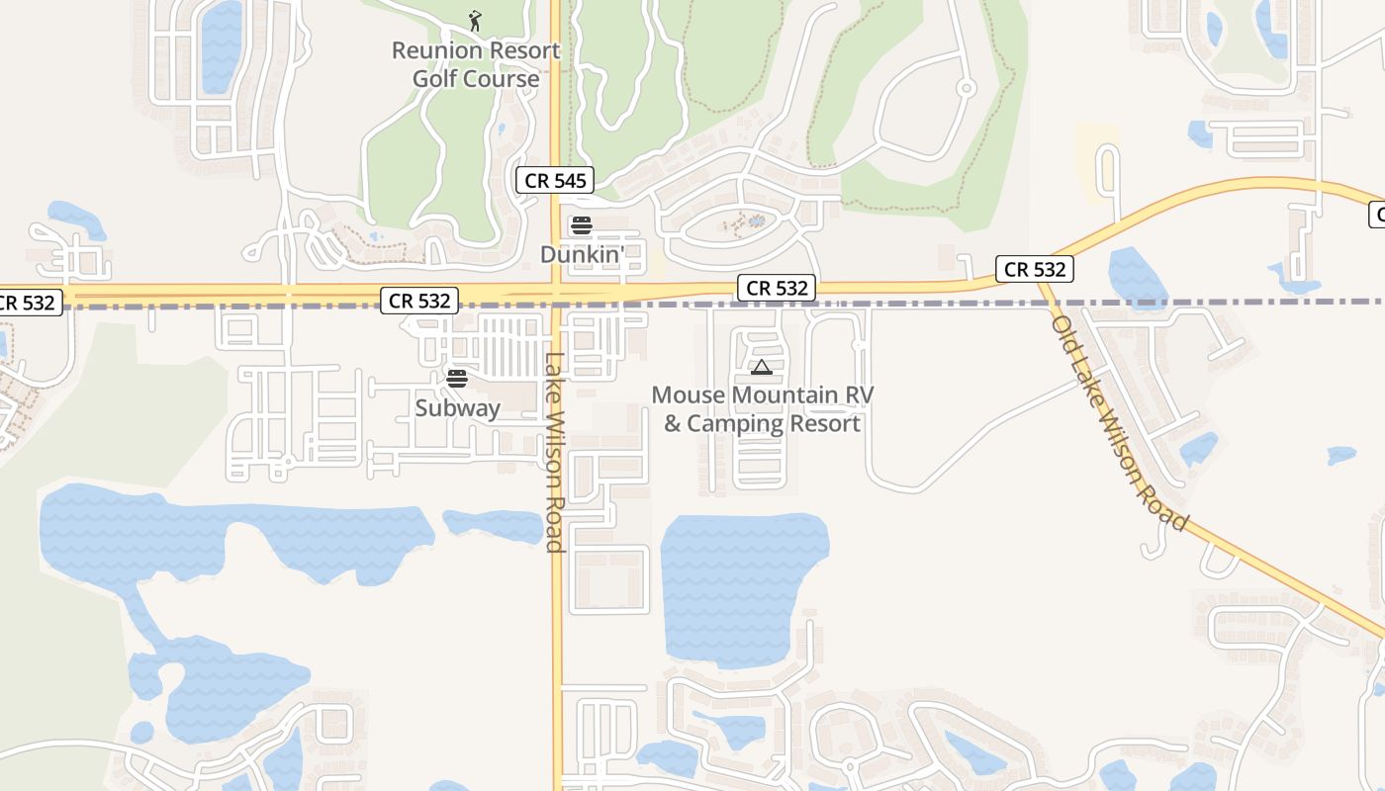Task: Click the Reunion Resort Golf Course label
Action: [x=476, y=64]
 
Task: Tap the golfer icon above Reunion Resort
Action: [x=476, y=20]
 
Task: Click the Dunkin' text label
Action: [x=582, y=254]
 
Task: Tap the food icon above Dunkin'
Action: [x=582, y=225]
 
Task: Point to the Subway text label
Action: [x=457, y=407]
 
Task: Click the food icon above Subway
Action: [x=457, y=378]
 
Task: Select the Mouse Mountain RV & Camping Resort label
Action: [x=762, y=409]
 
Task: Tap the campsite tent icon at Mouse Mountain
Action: [x=761, y=368]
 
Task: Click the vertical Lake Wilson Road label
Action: [x=555, y=452]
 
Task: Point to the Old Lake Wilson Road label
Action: [x=1118, y=423]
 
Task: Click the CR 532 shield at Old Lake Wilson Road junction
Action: [x=1035, y=269]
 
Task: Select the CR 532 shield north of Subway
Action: [x=419, y=301]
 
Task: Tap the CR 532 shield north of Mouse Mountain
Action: [x=776, y=288]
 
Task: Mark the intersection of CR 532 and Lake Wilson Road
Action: [x=556, y=293]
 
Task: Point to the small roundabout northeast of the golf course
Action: [x=967, y=89]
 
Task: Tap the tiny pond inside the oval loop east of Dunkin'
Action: [x=757, y=221]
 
